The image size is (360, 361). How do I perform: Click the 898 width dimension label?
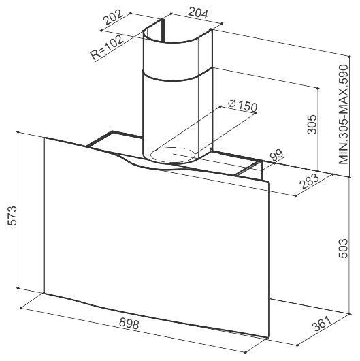click(129, 324)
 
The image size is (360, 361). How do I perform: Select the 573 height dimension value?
click(12, 216)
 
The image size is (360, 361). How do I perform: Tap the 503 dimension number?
click(344, 249)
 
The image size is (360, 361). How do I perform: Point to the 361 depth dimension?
click(323, 324)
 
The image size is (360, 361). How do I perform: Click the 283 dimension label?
click(310, 181)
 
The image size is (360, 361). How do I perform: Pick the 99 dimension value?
click(276, 156)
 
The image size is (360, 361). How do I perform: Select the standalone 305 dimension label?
click(312, 125)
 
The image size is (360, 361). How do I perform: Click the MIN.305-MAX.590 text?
click(344, 114)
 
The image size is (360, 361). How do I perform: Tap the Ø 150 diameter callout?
click(242, 106)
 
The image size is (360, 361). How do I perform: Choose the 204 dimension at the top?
click(198, 13)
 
